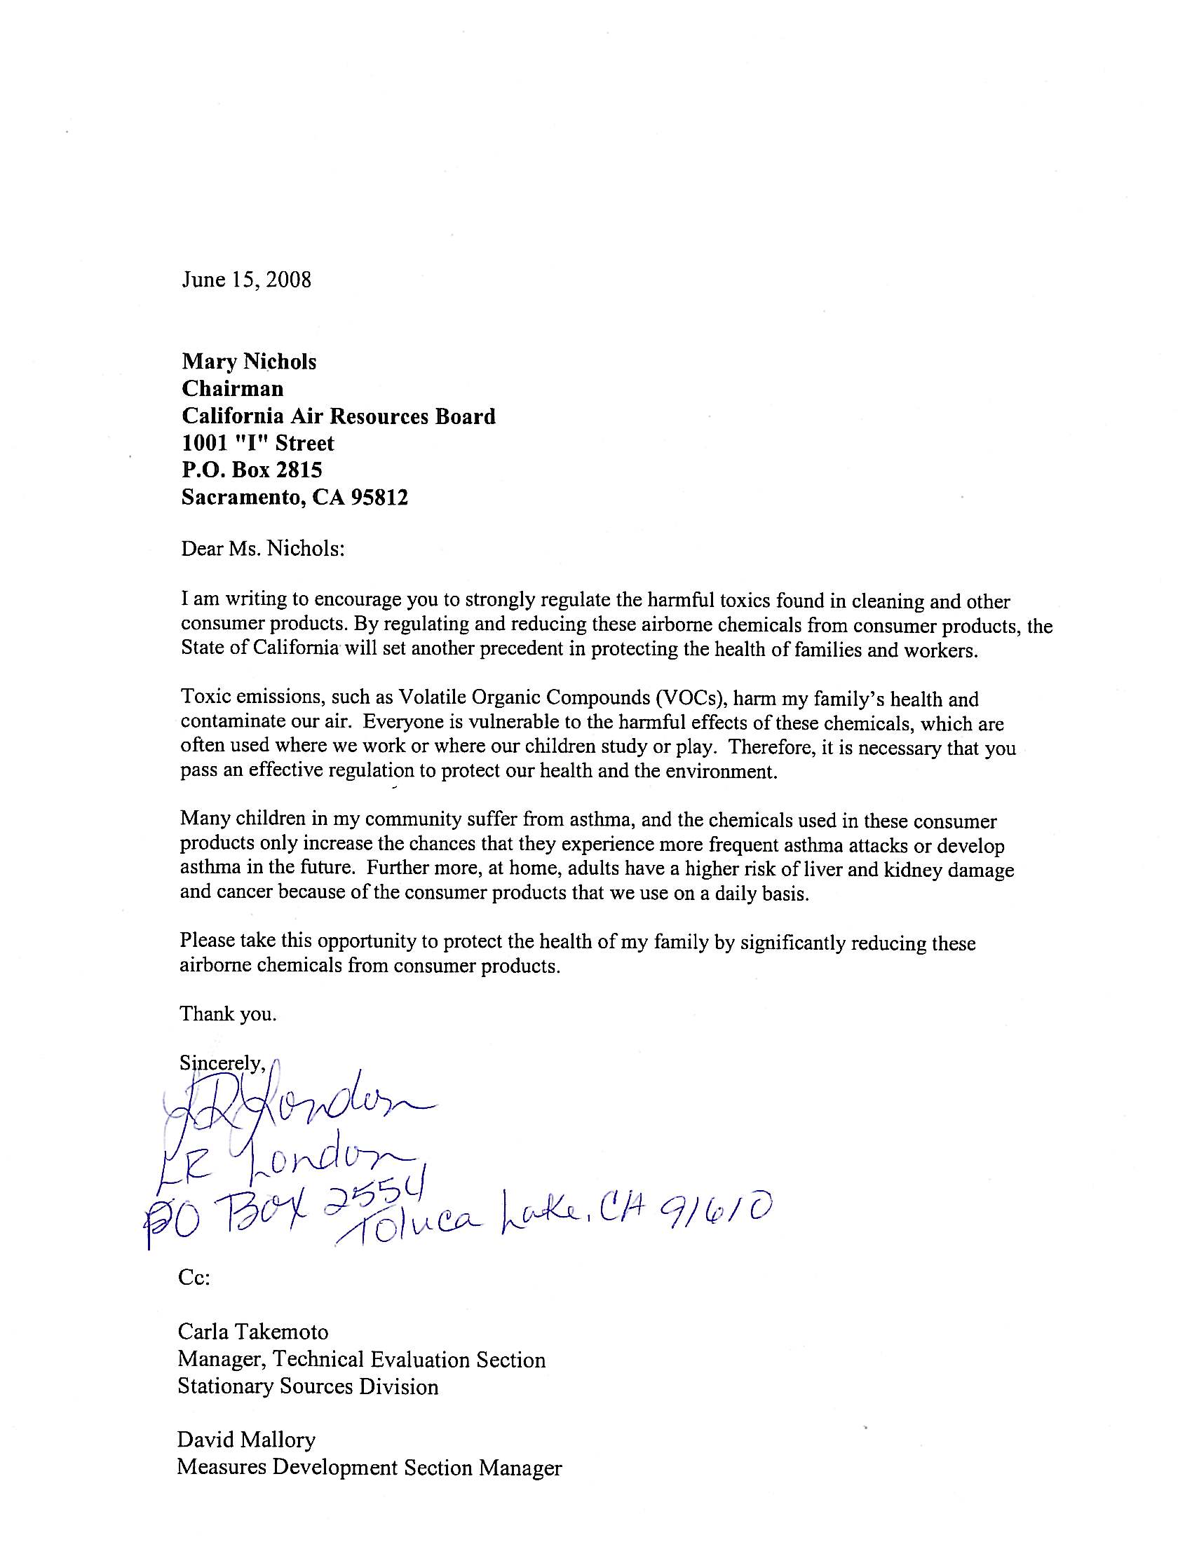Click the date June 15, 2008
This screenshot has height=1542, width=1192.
click(x=245, y=280)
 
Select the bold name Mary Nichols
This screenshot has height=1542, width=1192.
click(x=249, y=362)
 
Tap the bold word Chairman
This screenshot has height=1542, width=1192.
click(x=232, y=388)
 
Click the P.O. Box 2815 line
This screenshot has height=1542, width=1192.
click(x=252, y=470)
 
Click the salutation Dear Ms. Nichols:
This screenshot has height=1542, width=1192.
click(x=263, y=549)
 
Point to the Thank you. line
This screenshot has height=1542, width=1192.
click(x=227, y=1014)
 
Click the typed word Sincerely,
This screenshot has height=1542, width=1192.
click(x=222, y=1063)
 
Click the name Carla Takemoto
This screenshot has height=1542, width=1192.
click(x=253, y=1332)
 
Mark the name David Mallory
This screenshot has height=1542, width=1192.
click(x=245, y=1440)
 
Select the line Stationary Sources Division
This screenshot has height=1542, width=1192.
click(x=308, y=1386)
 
